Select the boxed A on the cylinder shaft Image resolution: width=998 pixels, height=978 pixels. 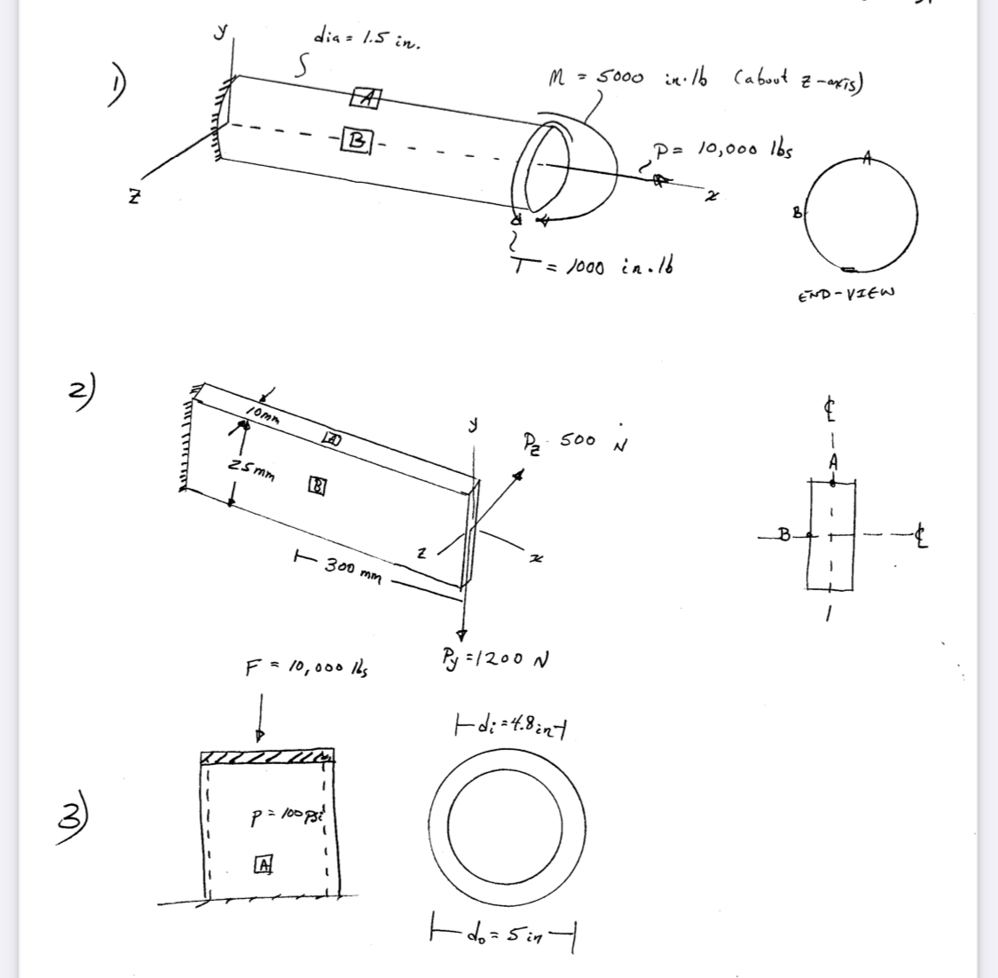(x=365, y=97)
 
